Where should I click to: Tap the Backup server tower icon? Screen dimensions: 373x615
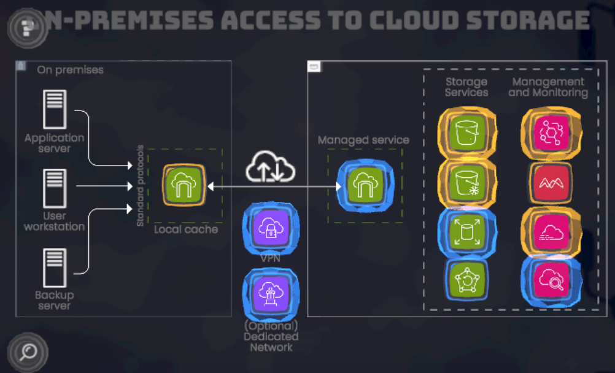pyautogui.click(x=54, y=267)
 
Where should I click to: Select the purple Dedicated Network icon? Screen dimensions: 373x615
pyautogui.click(x=271, y=293)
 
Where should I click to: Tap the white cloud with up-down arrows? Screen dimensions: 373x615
pyautogui.click(x=271, y=167)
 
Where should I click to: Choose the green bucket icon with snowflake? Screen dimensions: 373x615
pyautogui.click(x=467, y=182)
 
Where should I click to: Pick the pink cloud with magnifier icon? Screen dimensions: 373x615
pyautogui.click(x=551, y=281)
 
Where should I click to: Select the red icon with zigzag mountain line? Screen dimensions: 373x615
pyautogui.click(x=551, y=182)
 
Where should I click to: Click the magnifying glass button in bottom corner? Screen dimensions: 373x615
pyautogui.click(x=28, y=352)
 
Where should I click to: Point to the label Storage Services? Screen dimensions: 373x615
pyautogui.click(x=466, y=87)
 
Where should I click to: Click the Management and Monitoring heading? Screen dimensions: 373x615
pyautogui.click(x=548, y=87)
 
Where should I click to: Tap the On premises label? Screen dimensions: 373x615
pyautogui.click(x=70, y=70)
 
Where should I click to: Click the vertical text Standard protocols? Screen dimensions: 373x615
pyautogui.click(x=141, y=186)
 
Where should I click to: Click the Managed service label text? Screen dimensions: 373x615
pyautogui.click(x=363, y=140)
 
